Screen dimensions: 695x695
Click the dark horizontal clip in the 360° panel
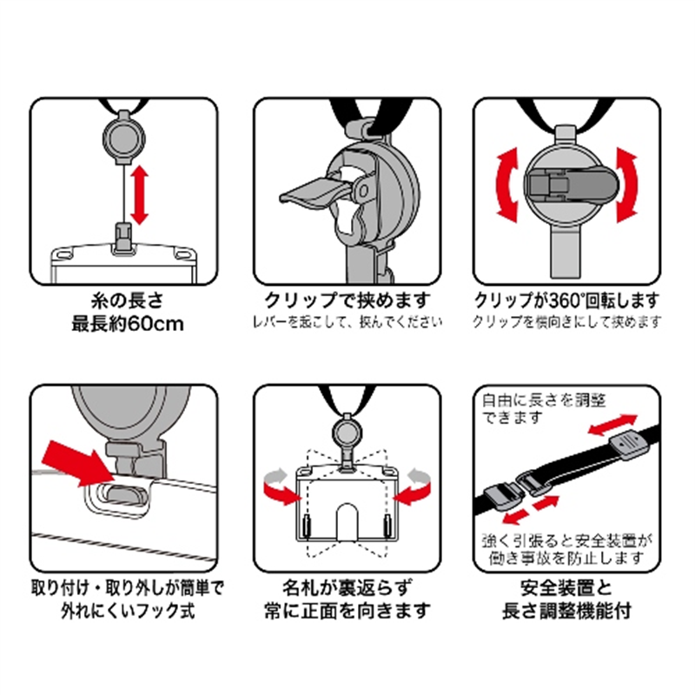pyautogui.click(x=566, y=183)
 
